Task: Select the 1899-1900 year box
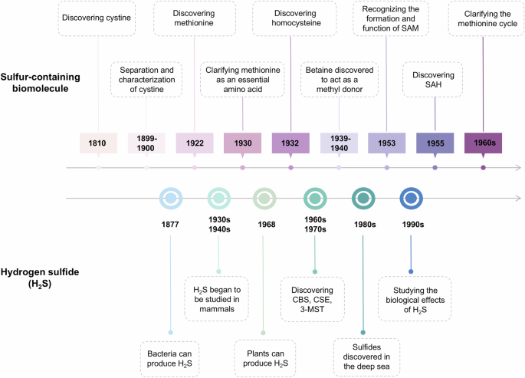pos(147,143)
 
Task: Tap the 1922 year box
pos(195,143)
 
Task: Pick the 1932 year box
pos(290,143)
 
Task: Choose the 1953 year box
pos(387,143)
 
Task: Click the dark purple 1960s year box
pos(483,143)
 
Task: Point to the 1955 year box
pos(435,143)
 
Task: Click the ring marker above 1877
pos(170,199)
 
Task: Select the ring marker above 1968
pos(264,199)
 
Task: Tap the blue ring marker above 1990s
pos(411,199)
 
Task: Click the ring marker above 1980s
pos(363,199)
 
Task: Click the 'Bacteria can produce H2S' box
pos(170,356)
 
